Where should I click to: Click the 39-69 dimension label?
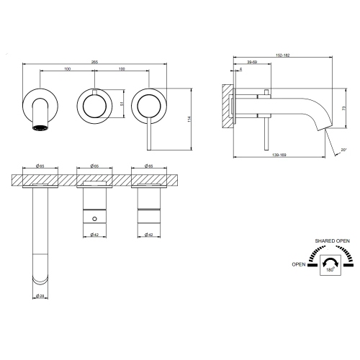click(x=252, y=63)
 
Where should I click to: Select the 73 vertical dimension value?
click(x=345, y=107)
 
